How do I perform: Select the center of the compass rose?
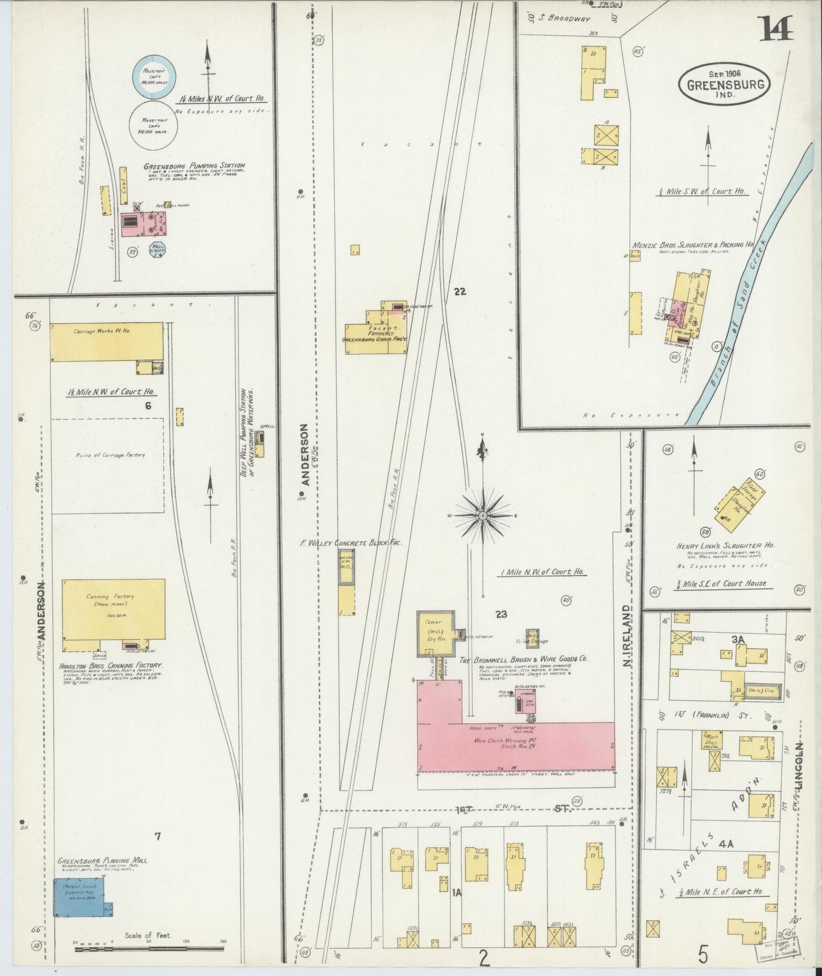coord(482,515)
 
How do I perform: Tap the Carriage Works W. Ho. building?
coord(106,341)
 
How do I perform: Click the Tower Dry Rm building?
coord(436,633)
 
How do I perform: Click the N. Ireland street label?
coord(627,636)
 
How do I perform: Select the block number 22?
coord(460,292)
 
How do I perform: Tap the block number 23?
coord(501,614)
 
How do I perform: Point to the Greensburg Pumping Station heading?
coord(194,166)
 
